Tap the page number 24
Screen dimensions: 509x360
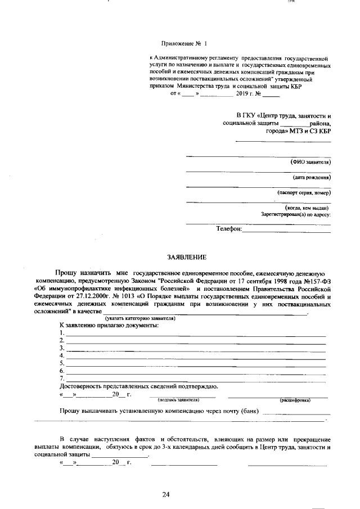[166, 494]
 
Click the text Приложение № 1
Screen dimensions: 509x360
[184, 43]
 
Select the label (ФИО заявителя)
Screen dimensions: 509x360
[310, 162]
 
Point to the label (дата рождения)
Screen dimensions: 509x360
[311, 177]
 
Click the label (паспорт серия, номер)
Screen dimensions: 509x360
[304, 192]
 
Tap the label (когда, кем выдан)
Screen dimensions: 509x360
[307, 207]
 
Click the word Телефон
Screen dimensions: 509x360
[229, 229]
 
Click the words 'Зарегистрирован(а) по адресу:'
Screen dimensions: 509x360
[296, 214]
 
